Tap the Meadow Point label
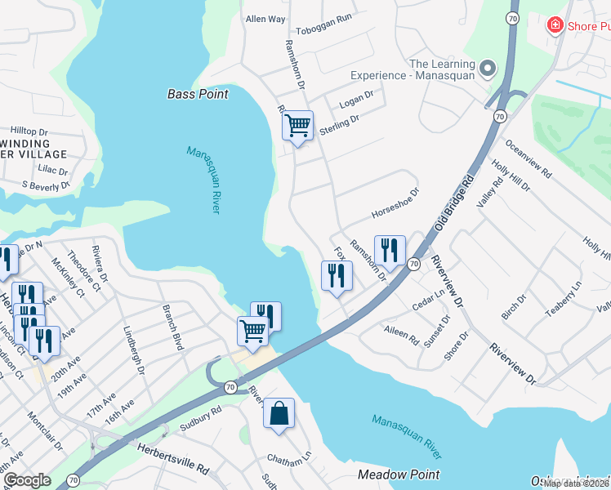[x=399, y=474]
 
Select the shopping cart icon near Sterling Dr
[x=297, y=126]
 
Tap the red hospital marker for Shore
[x=555, y=25]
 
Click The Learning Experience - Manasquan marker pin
[x=488, y=69]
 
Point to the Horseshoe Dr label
[x=395, y=204]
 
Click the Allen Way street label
[x=265, y=19]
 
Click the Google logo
[x=28, y=480]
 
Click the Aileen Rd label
[x=401, y=332]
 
